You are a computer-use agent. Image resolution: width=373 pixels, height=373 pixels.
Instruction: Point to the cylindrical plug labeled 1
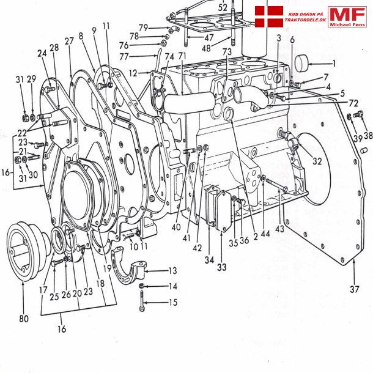click(x=304, y=63)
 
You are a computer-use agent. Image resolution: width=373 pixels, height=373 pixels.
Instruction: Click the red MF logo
click(x=347, y=17)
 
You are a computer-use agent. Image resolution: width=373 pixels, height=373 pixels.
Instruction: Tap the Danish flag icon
click(x=268, y=16)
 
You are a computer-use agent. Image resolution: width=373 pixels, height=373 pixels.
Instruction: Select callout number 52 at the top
click(x=223, y=7)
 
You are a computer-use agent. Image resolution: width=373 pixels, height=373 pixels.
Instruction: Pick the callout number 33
click(x=221, y=267)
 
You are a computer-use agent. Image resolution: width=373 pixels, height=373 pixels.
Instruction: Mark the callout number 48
click(x=206, y=48)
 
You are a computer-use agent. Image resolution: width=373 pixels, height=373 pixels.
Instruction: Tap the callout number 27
click(x=69, y=41)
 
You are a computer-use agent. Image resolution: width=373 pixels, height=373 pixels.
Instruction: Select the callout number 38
click(x=368, y=136)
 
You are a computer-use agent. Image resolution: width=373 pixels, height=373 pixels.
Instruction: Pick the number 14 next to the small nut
click(x=172, y=286)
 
